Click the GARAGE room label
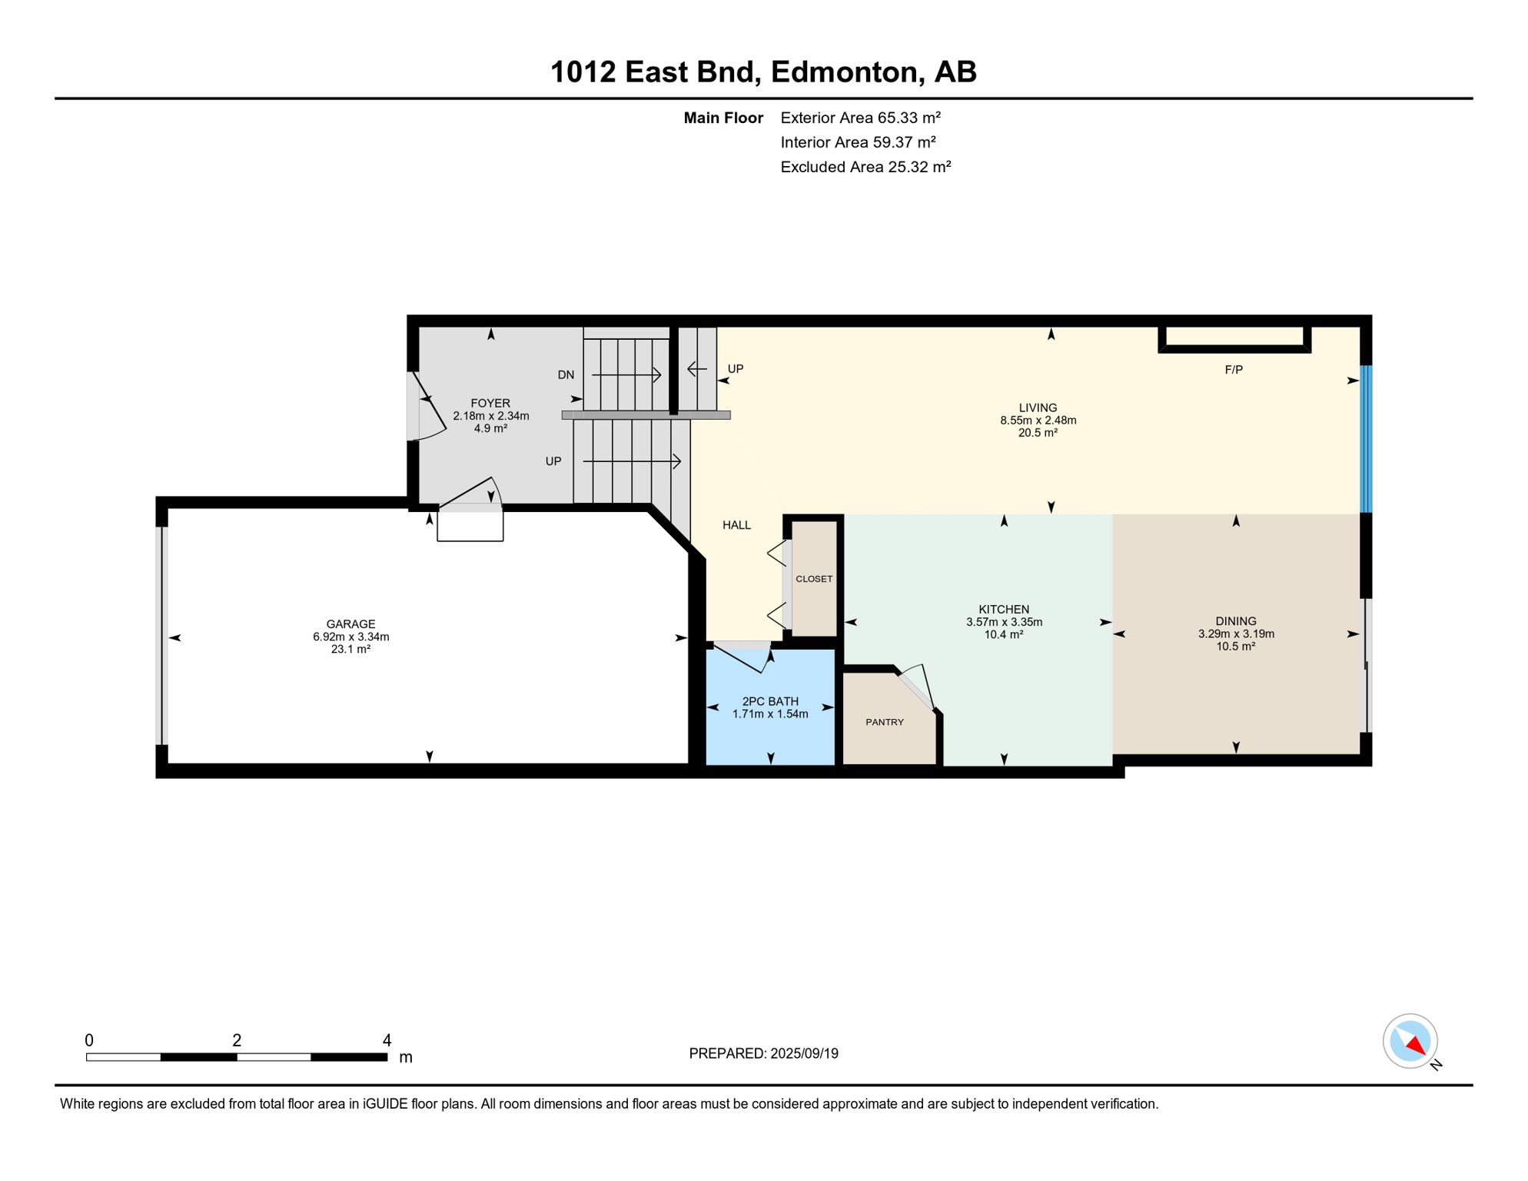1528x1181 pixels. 350,624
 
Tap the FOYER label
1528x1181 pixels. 490,404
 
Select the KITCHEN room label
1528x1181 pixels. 1004,610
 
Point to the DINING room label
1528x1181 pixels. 1236,621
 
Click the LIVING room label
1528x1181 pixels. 1038,408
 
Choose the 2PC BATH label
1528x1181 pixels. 770,702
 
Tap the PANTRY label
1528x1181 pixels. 885,723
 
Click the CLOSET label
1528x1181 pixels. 814,580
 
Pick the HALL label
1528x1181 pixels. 736,525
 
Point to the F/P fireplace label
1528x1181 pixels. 1234,370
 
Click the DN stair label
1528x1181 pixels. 566,375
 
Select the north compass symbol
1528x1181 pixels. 1411,1042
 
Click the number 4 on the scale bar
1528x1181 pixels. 387,1040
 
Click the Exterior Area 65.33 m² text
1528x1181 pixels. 860,118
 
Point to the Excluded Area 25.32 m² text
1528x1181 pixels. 865,167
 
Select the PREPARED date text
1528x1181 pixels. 763,1053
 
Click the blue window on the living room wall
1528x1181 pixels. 1366,439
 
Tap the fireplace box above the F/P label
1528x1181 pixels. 1234,338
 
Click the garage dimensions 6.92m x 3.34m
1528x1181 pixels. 350,637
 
